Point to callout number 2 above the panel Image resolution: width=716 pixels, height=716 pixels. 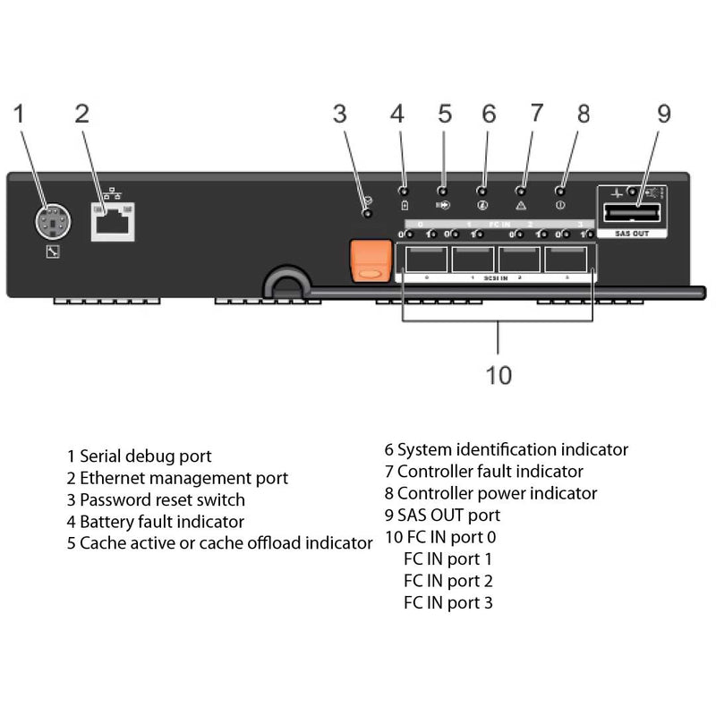click(x=81, y=114)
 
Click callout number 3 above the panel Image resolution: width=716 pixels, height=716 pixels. click(x=339, y=114)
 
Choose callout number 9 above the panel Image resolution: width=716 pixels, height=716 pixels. click(x=663, y=114)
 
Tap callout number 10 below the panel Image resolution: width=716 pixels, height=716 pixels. click(x=499, y=374)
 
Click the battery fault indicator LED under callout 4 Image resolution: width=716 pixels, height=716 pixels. click(x=403, y=191)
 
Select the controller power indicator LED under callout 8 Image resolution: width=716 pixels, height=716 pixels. click(x=562, y=191)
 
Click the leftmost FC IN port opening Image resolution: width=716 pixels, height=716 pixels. click(x=426, y=260)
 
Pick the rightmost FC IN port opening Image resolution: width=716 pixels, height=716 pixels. click(x=567, y=260)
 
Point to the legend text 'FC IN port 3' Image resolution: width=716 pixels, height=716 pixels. click(x=447, y=602)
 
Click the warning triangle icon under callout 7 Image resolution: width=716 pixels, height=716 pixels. click(x=522, y=204)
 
